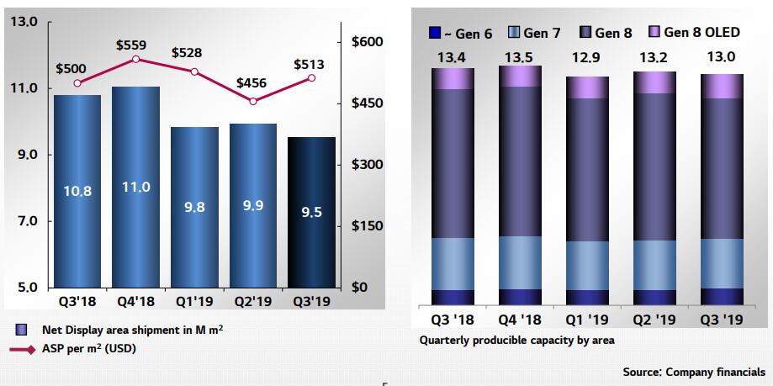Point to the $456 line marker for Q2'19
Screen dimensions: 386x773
pos(253,101)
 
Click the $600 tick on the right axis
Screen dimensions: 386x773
pos(366,41)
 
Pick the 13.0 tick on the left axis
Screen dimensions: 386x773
pos(24,22)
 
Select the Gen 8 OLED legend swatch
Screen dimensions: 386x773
pos(653,33)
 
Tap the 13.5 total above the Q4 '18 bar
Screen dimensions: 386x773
pos(520,57)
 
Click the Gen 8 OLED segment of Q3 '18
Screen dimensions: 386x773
pos(453,78)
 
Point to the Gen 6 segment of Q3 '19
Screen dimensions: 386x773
pos(722,296)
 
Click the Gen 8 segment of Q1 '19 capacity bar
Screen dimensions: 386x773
pos(587,168)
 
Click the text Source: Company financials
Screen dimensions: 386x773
pos(694,371)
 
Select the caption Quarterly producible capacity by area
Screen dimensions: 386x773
pos(516,341)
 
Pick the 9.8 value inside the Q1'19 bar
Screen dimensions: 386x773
pos(194,207)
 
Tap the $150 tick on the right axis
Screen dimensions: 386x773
pos(366,226)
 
